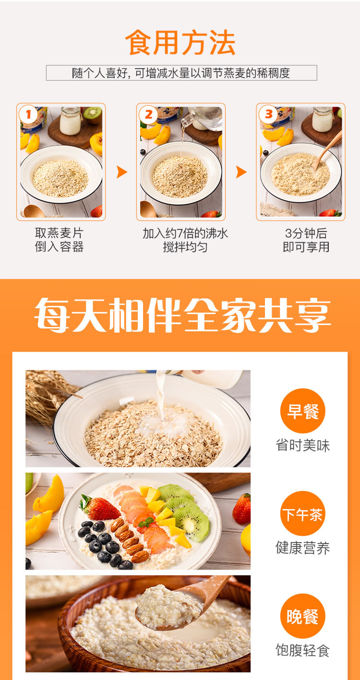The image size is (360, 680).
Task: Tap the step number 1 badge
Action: pos(28,115)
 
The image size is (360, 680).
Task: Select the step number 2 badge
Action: pos(148,115)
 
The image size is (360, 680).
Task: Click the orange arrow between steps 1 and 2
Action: pos(122,172)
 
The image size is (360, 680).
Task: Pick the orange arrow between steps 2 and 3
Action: pos(241,172)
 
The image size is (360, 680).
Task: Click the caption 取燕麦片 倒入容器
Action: pos(60,240)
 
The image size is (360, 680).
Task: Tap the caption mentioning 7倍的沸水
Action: pos(185,240)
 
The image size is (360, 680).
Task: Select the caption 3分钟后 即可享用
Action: pos(306,240)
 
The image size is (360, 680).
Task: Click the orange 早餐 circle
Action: pos(302,411)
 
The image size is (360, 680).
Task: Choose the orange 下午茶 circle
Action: pos(302,513)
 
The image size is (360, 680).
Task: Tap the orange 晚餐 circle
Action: pos(302,616)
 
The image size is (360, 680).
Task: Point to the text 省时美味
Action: pos(302,445)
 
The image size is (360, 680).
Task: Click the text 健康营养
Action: pos(302,548)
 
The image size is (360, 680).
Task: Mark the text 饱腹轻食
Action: pos(302,651)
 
